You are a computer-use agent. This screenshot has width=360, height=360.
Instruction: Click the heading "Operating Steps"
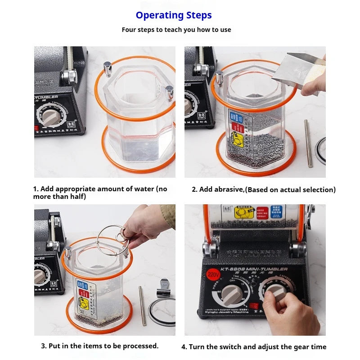tap(174, 15)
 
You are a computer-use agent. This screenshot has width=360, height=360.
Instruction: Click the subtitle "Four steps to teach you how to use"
tap(176, 30)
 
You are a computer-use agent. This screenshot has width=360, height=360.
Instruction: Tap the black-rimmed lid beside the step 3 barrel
tap(162, 310)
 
